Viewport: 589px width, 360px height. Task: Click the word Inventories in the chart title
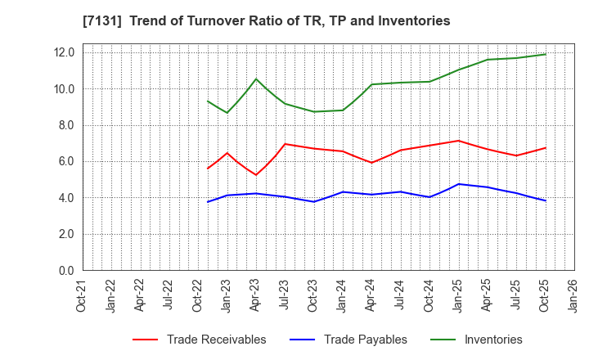point(415,21)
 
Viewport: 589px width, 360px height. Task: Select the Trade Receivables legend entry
point(216,340)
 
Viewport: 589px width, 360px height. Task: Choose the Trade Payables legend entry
point(364,340)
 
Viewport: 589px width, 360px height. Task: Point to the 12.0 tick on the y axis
point(64,52)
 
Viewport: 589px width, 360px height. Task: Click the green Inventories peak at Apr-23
point(256,79)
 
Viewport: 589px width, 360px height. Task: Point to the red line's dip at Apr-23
point(256,175)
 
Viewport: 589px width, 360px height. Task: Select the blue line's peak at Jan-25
point(459,184)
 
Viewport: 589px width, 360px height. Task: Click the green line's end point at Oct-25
point(546,55)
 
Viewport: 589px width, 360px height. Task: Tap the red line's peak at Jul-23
point(285,144)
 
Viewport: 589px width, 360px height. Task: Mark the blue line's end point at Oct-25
point(546,200)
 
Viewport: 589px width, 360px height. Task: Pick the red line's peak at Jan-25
point(459,141)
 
